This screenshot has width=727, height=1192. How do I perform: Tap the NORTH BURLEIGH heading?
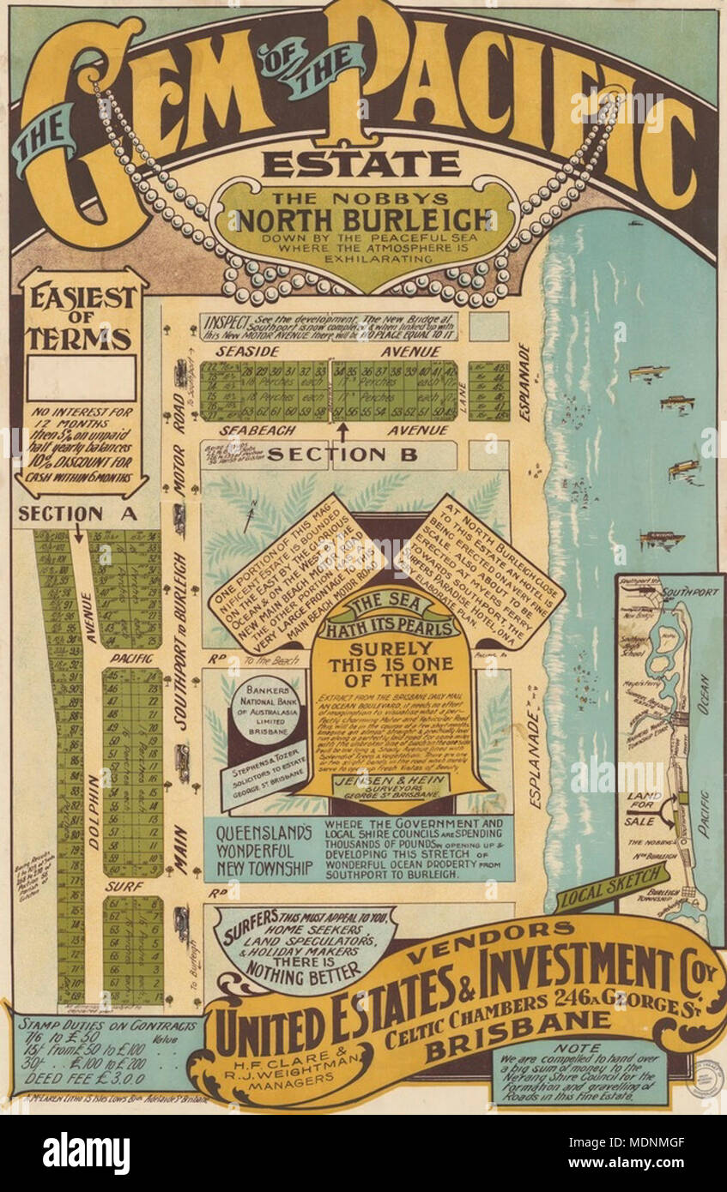364,220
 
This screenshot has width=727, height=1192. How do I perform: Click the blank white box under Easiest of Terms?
82,378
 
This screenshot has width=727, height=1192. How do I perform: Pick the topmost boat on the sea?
648,372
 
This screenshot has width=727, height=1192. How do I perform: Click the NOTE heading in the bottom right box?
578,1048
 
